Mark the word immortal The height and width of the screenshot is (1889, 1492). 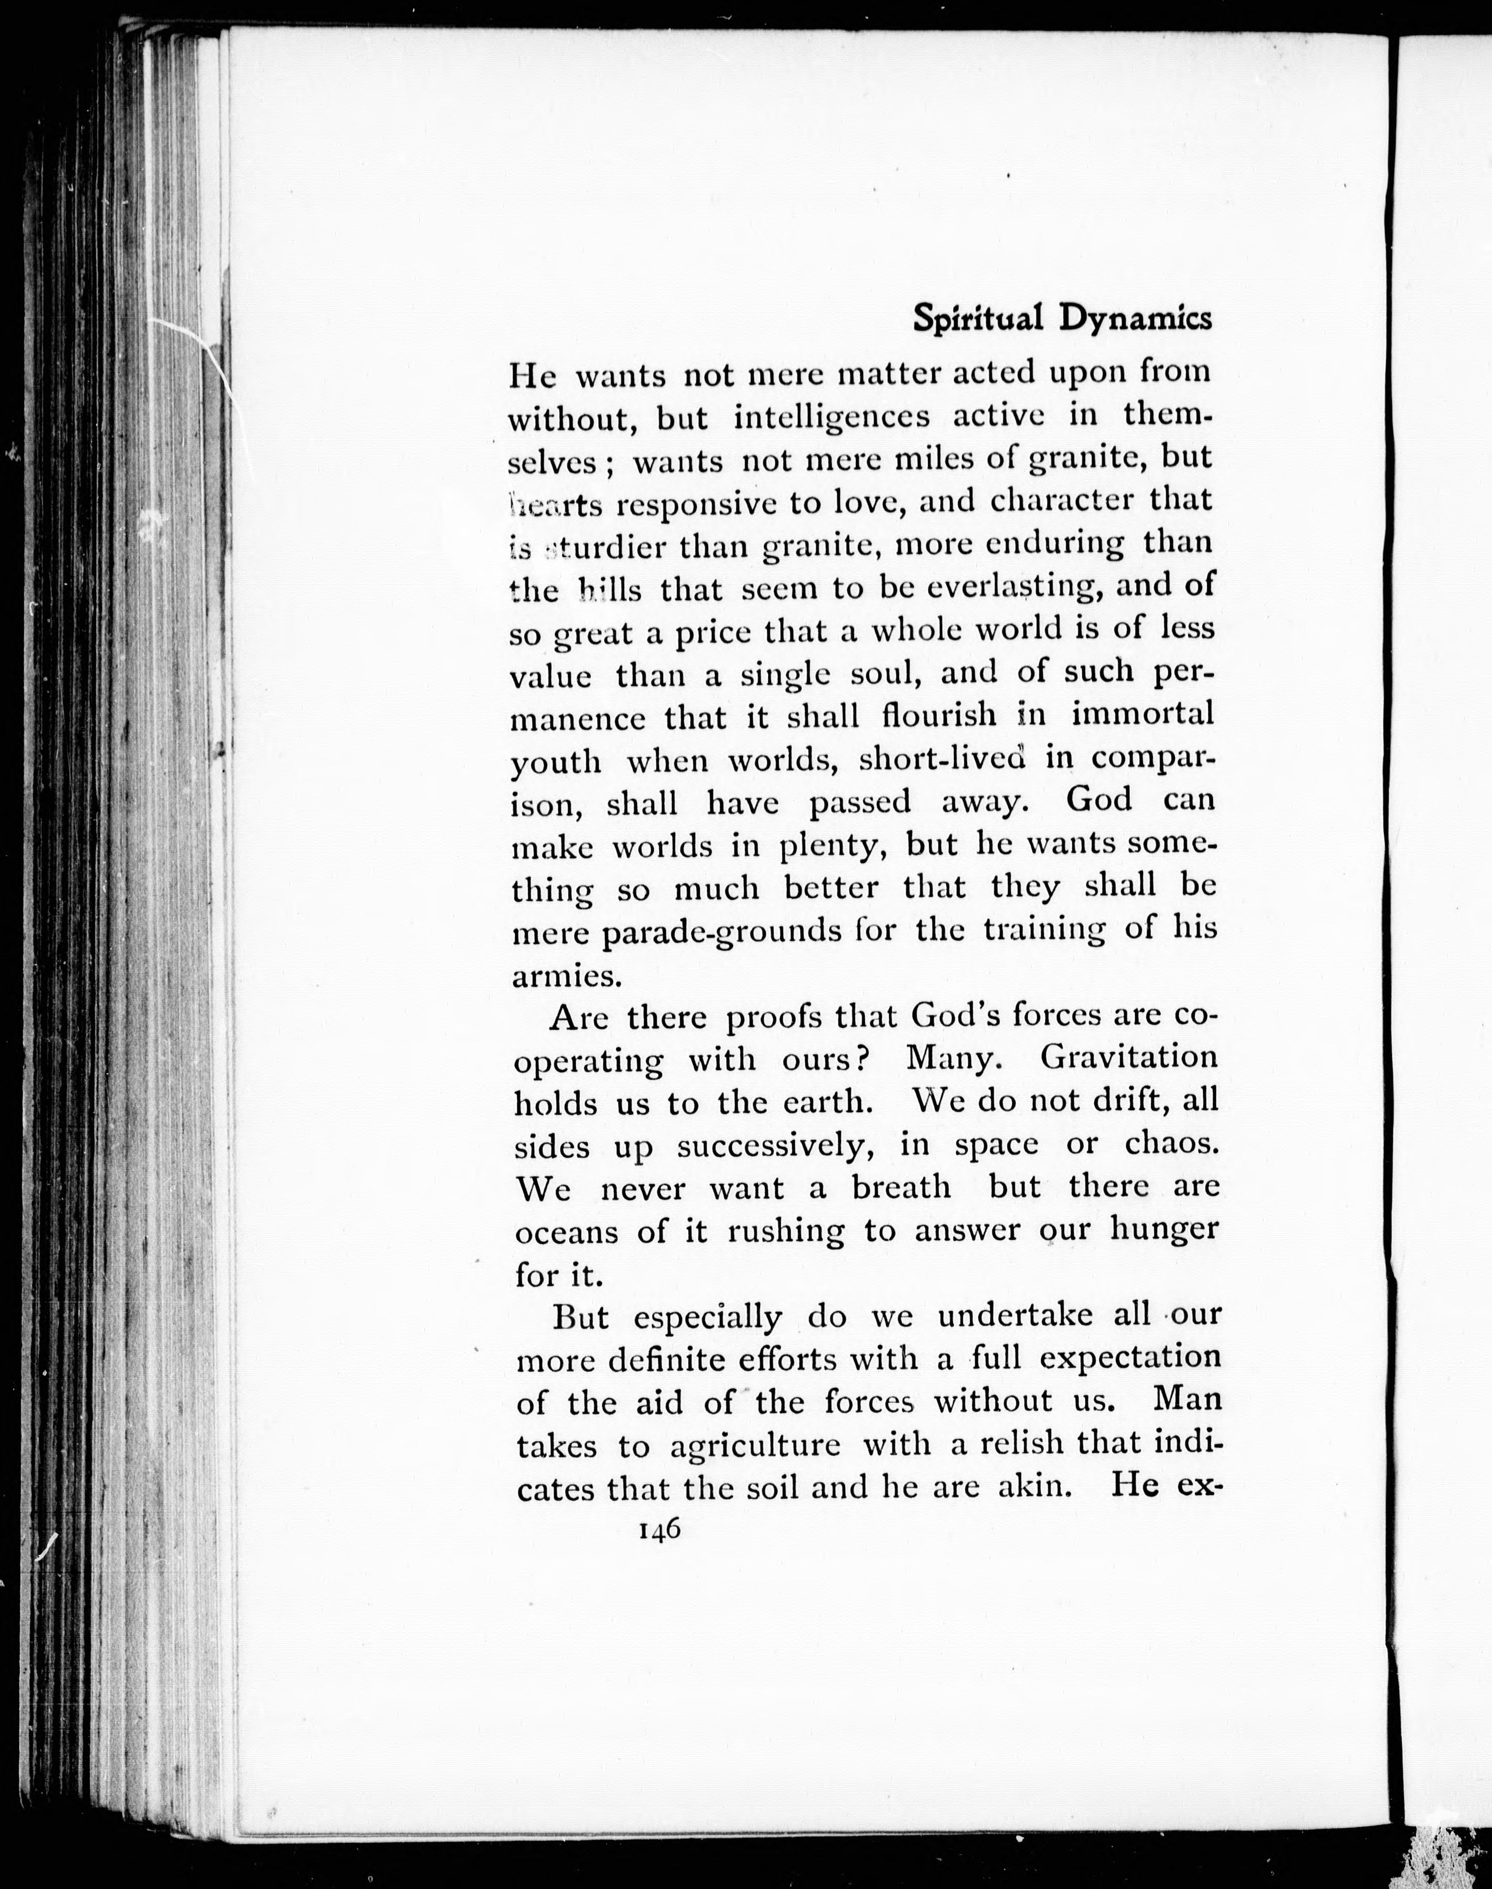pos(1142,715)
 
